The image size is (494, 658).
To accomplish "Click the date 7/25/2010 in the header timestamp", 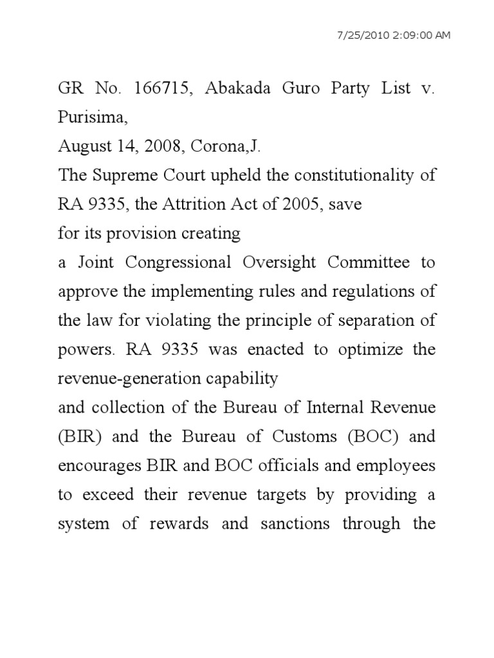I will click(x=367, y=34).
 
